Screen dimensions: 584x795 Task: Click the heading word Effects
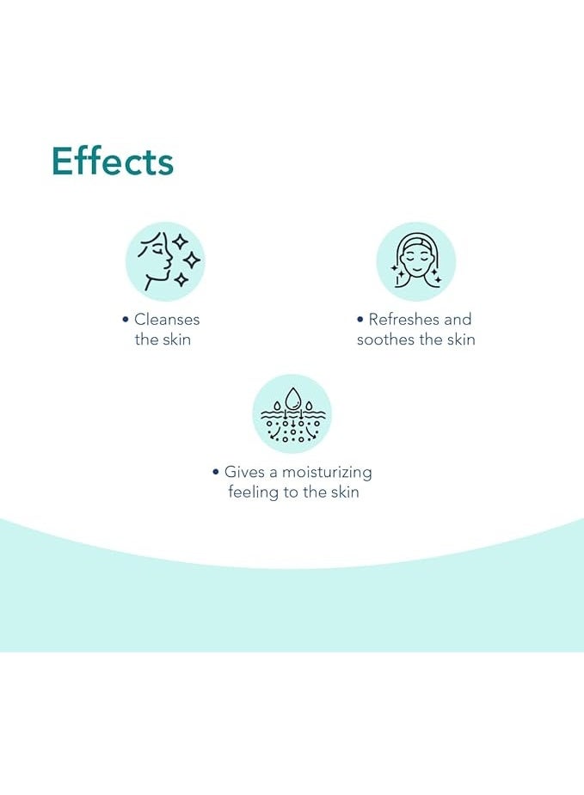113,162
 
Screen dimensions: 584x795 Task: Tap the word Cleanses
167,320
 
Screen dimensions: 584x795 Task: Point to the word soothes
385,339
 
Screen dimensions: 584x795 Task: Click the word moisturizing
327,473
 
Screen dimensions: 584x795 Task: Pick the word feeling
253,492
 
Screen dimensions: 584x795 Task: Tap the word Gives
244,472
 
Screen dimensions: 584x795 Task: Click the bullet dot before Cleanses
126,320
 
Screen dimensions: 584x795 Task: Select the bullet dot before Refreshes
360,320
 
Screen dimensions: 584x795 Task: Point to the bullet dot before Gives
216,472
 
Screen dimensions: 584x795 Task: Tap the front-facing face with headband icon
416,261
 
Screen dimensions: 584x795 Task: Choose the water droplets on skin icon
292,413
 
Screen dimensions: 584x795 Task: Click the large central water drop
292,399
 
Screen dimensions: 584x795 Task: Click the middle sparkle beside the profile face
192,260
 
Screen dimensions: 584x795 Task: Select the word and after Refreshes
458,320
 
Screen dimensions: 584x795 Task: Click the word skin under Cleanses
176,339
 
